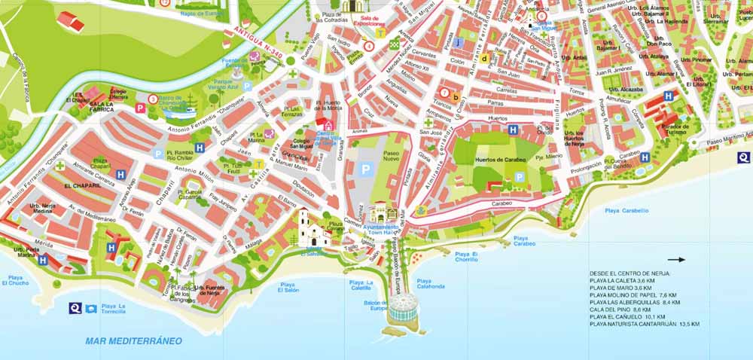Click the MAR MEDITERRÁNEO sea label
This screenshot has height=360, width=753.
point(133,341)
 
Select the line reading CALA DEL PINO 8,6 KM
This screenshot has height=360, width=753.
point(620,310)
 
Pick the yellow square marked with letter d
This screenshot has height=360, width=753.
point(485,58)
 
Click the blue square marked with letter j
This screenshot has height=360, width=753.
point(459,42)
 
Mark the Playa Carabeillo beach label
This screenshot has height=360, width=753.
point(626,211)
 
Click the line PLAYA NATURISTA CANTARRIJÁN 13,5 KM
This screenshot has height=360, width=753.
point(645,324)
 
